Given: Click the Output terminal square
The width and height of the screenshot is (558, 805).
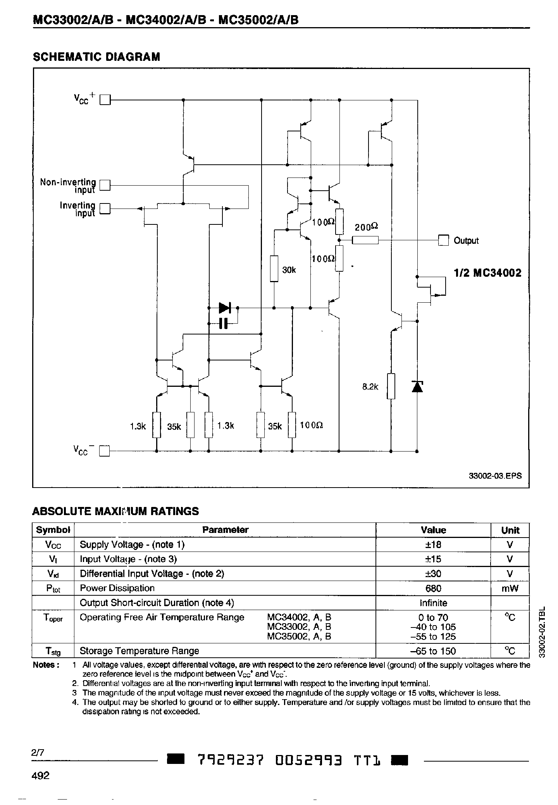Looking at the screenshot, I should (443, 241).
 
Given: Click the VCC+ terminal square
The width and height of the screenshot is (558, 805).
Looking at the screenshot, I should (105, 100).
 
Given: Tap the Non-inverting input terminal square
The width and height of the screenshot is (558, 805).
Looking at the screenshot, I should (105, 185).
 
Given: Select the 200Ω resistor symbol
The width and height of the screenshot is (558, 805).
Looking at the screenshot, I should (365, 241).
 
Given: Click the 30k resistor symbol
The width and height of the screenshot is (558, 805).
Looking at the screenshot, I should (274, 268).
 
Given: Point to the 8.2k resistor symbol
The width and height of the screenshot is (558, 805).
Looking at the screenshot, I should (391, 386).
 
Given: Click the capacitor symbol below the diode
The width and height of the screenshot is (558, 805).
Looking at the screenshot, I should (223, 323).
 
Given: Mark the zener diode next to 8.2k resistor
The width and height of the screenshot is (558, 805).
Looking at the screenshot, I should (417, 387).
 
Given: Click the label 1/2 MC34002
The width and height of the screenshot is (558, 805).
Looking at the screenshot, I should (487, 273).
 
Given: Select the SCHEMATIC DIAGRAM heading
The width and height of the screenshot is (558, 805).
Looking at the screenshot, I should (96, 57).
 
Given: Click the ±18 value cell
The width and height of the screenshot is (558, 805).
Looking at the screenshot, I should (433, 545).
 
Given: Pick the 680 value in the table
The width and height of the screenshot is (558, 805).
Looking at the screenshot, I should (433, 588).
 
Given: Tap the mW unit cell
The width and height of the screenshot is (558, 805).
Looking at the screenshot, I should (510, 588).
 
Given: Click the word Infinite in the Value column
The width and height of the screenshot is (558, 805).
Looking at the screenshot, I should (433, 603).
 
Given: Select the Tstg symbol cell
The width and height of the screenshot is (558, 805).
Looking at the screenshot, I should (53, 651).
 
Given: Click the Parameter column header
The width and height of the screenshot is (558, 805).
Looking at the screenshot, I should (225, 530).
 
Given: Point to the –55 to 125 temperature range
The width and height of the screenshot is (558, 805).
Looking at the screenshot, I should (433, 636).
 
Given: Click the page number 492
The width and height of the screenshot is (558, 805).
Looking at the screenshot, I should (40, 765).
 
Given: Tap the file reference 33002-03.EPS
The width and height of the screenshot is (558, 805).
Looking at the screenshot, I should (495, 476).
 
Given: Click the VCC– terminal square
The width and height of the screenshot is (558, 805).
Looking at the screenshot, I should (105, 451).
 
